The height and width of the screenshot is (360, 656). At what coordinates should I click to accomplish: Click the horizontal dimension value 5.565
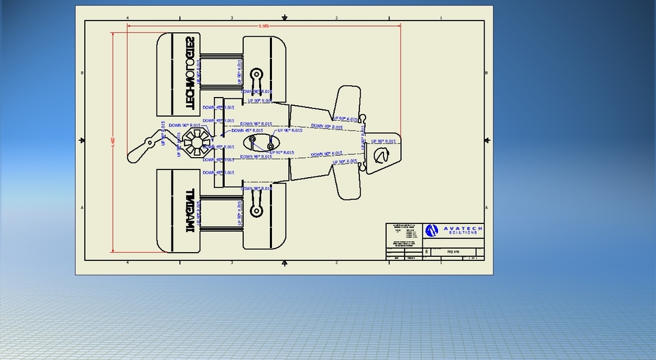[x=264, y=26]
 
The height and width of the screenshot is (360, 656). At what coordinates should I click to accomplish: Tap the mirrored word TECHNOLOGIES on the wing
[x=190, y=74]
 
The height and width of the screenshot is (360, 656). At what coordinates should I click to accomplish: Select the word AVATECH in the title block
[x=463, y=228]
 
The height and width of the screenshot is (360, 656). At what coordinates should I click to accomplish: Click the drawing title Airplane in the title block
[x=454, y=252]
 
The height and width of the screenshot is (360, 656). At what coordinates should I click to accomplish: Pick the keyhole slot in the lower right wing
[x=257, y=209]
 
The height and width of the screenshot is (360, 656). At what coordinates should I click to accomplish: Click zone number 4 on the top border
[x=127, y=18]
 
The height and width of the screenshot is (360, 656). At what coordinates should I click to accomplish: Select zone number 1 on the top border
[x=441, y=18]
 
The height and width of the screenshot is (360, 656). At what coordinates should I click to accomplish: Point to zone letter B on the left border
[x=83, y=72]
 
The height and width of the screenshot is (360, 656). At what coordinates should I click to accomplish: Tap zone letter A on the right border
[x=487, y=207]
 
